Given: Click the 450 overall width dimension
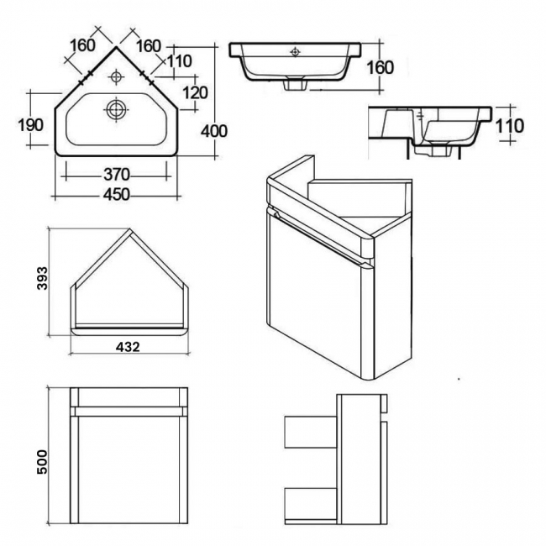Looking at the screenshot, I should (x=116, y=194).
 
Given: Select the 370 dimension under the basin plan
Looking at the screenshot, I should (x=116, y=175).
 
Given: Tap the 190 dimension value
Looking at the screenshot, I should (x=30, y=124).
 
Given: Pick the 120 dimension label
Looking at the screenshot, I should (x=194, y=92).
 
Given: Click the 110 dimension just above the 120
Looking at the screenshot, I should (x=179, y=60).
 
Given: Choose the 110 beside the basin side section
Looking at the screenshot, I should (x=510, y=126).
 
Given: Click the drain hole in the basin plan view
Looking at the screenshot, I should (x=116, y=108).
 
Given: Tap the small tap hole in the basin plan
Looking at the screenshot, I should (x=116, y=78).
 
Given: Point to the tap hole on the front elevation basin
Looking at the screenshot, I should (x=293, y=52).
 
